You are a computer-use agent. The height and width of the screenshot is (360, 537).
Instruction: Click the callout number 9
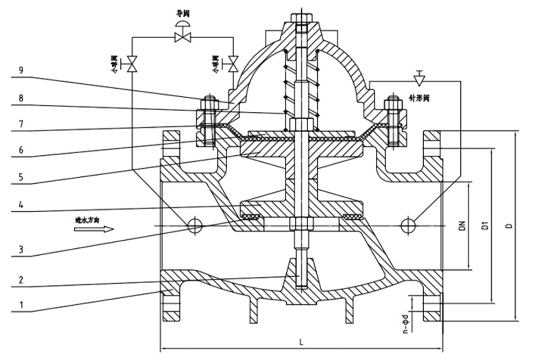(20, 70)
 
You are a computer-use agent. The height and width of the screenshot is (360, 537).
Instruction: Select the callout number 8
(20, 98)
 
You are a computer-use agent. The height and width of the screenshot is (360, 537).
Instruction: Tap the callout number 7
(20, 124)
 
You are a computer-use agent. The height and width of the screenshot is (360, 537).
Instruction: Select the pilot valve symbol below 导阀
(183, 36)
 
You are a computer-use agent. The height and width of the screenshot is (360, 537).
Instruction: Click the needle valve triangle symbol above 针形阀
(419, 80)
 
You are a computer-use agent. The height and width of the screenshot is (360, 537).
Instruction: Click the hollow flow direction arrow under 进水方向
(94, 229)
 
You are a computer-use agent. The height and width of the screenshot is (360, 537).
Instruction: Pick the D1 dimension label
(484, 226)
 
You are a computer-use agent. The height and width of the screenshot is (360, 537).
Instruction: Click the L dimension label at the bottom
(302, 341)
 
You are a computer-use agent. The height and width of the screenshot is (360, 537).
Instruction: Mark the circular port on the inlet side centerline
(195, 226)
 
